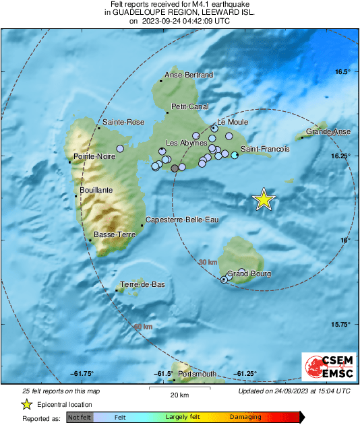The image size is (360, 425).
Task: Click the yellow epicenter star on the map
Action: click(x=264, y=199)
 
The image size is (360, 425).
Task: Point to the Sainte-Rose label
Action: click(x=123, y=122)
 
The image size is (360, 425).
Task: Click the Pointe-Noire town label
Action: click(x=93, y=156)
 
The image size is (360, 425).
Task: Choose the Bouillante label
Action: click(x=96, y=191)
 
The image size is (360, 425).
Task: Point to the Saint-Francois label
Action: click(x=266, y=148)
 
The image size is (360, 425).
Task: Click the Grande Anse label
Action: click(x=328, y=132)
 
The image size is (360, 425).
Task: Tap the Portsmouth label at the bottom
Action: click(x=198, y=374)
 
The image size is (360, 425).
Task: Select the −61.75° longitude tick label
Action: click(x=82, y=374)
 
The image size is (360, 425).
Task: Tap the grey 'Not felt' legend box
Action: click(x=80, y=417)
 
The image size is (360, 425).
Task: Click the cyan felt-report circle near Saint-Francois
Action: click(x=235, y=156)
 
